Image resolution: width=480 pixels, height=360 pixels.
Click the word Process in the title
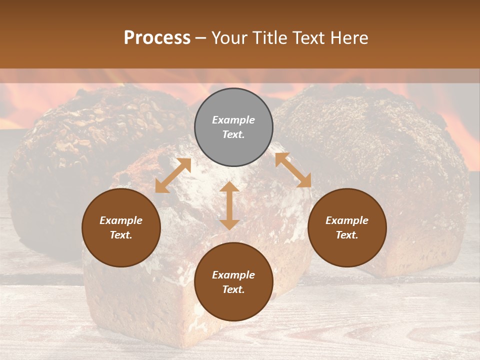pos(157,38)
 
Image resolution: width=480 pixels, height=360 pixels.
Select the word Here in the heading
pos(349,38)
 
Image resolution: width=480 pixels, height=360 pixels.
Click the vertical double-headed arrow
pos(229,205)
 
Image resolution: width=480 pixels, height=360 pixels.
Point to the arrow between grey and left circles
pos(173,175)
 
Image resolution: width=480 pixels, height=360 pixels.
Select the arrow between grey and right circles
pos(293,170)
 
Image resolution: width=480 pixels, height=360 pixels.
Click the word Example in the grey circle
pos(233,120)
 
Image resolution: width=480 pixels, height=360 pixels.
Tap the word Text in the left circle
pos(121,235)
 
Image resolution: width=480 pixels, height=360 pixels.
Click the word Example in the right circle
pos(347,220)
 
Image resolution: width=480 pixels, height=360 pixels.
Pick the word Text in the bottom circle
pos(233,289)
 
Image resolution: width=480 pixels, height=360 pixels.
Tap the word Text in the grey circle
pos(233,134)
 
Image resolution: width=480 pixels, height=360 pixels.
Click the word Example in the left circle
pos(121,220)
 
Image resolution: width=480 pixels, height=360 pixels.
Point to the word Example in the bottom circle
pos(233,275)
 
